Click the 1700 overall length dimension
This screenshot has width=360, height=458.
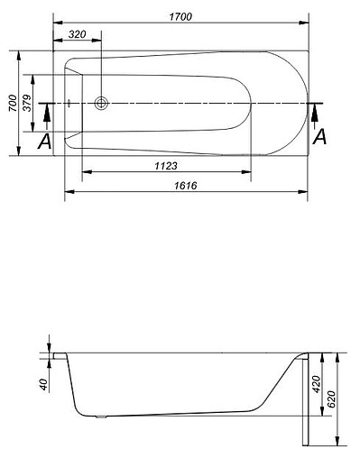coord(185,16)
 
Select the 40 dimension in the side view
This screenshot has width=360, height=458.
coord(42,383)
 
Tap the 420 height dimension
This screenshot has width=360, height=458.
coord(316,386)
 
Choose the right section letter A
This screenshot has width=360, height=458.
coord(318,137)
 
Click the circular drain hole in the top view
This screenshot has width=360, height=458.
coord(101,103)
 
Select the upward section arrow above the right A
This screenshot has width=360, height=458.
coord(316,114)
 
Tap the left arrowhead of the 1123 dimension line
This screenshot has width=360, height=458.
coord(85,172)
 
